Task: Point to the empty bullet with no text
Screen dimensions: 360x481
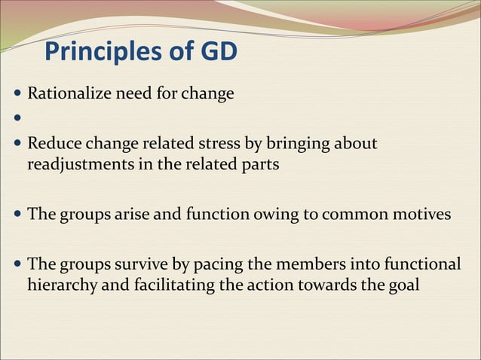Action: (18, 118)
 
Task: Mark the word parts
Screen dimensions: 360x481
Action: (257, 165)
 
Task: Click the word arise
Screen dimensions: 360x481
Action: (134, 215)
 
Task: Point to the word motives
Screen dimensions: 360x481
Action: (418, 215)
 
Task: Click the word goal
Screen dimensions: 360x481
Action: (402, 286)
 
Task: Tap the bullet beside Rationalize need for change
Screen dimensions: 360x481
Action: (18, 95)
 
